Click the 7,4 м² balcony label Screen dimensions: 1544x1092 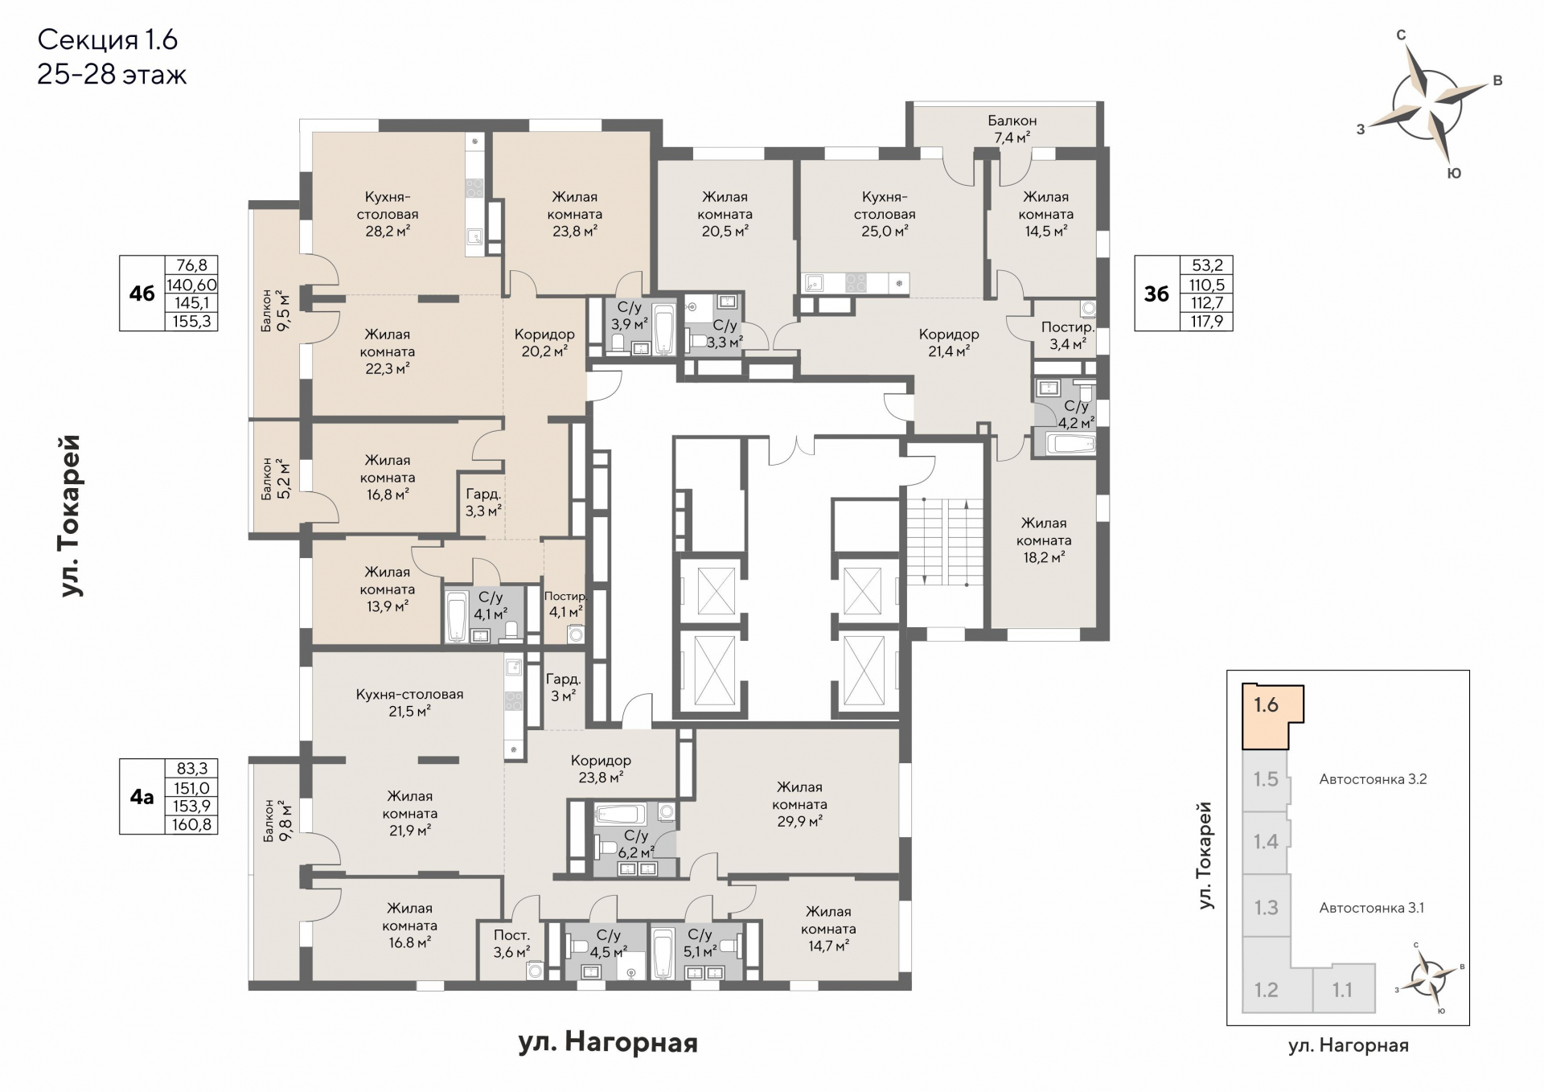1012,129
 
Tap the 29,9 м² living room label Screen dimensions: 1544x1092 799,804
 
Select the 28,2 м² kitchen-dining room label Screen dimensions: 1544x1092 387,214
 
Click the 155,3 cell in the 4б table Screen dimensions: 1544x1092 191,322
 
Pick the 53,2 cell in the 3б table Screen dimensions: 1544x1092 1206,266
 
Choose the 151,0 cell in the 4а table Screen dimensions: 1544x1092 191,788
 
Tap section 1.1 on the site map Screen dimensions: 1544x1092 1343,990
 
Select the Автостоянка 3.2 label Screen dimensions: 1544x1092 1373,779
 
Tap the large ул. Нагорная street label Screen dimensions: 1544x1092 608,1043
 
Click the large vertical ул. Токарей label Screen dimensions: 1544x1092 72,515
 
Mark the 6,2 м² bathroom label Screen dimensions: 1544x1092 635,844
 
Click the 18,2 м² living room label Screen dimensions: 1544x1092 1044,540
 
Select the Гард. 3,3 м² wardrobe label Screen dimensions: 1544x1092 483,503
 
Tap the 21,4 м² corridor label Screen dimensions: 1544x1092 949,342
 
